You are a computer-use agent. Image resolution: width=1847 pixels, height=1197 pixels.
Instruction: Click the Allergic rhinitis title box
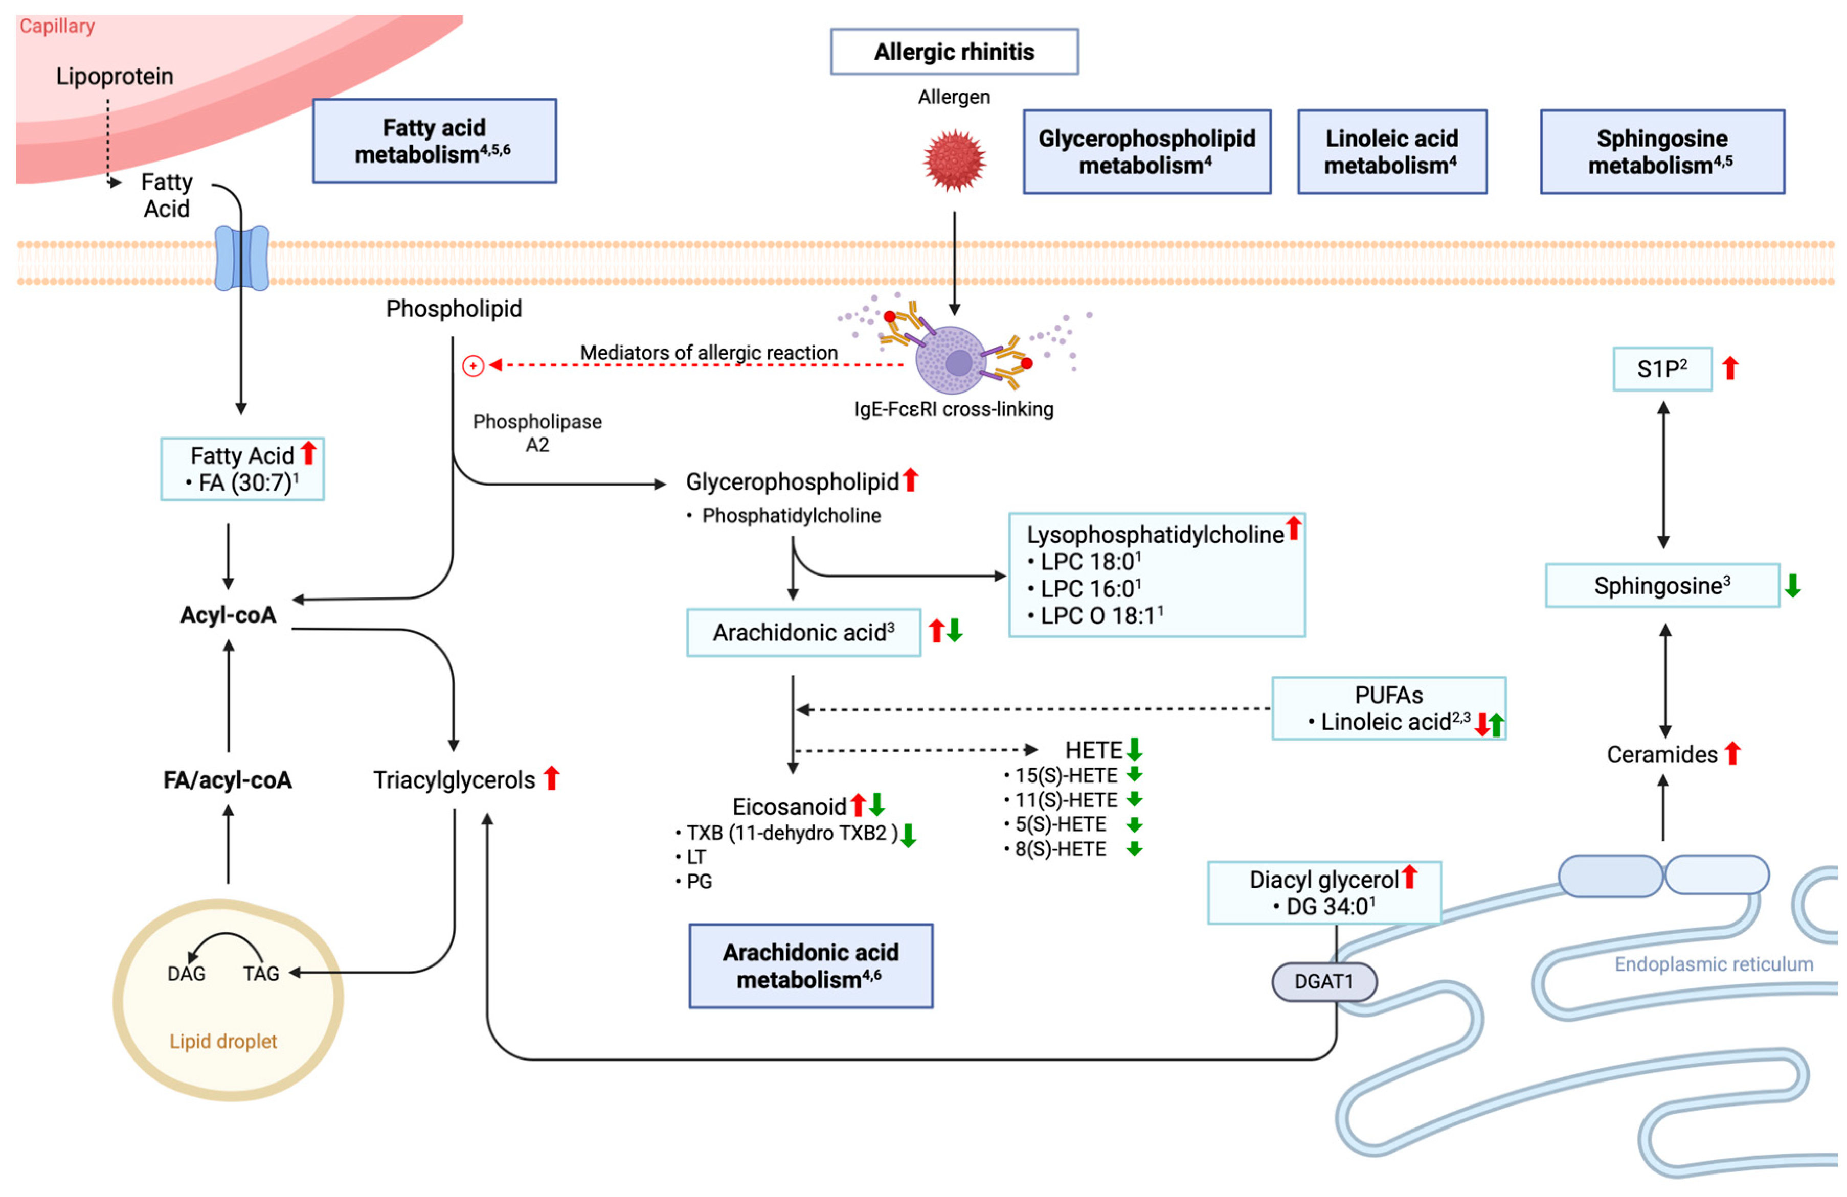(x=954, y=51)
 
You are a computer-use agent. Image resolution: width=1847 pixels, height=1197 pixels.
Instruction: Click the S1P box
(x=1662, y=369)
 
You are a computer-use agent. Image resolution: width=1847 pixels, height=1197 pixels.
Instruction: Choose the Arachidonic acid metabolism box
(x=811, y=966)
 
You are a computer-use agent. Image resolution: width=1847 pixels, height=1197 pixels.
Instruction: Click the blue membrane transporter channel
(x=241, y=258)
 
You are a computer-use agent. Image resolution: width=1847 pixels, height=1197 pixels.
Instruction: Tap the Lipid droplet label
(x=223, y=1041)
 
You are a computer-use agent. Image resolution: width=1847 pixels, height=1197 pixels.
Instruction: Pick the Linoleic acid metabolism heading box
(x=1392, y=151)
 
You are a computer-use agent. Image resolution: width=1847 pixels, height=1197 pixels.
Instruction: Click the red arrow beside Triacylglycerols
(x=552, y=777)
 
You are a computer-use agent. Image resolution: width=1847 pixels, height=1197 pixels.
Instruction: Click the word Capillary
(x=57, y=27)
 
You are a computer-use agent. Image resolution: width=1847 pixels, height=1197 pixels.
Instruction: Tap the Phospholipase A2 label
(x=537, y=433)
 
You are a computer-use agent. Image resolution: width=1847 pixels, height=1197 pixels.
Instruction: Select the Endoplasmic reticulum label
(x=1714, y=964)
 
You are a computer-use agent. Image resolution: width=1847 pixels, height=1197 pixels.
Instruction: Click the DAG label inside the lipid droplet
(x=186, y=974)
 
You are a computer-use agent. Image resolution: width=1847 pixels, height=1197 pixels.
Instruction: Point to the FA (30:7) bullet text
(x=241, y=482)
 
